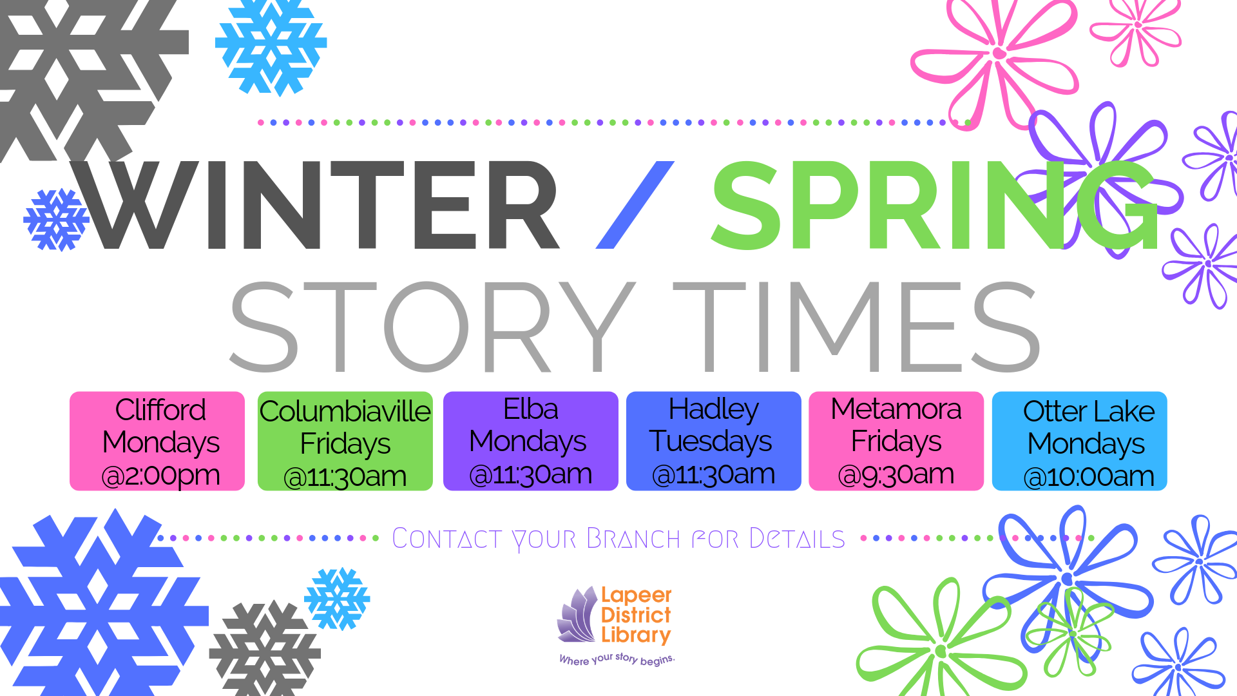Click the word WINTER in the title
click(x=316, y=205)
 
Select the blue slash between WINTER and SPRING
click(x=635, y=205)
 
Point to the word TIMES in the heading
click(x=857, y=327)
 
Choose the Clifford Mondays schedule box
click(x=157, y=441)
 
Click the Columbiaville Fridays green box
click(x=345, y=441)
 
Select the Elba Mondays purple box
click(x=531, y=441)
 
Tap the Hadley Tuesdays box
click(x=714, y=441)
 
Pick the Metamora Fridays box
click(x=896, y=441)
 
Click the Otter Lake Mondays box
click(x=1080, y=441)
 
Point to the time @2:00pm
click(x=161, y=476)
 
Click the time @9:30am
click(x=896, y=474)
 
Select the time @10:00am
click(x=1089, y=477)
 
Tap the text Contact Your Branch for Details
click(x=618, y=539)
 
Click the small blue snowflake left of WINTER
click(x=56, y=220)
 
